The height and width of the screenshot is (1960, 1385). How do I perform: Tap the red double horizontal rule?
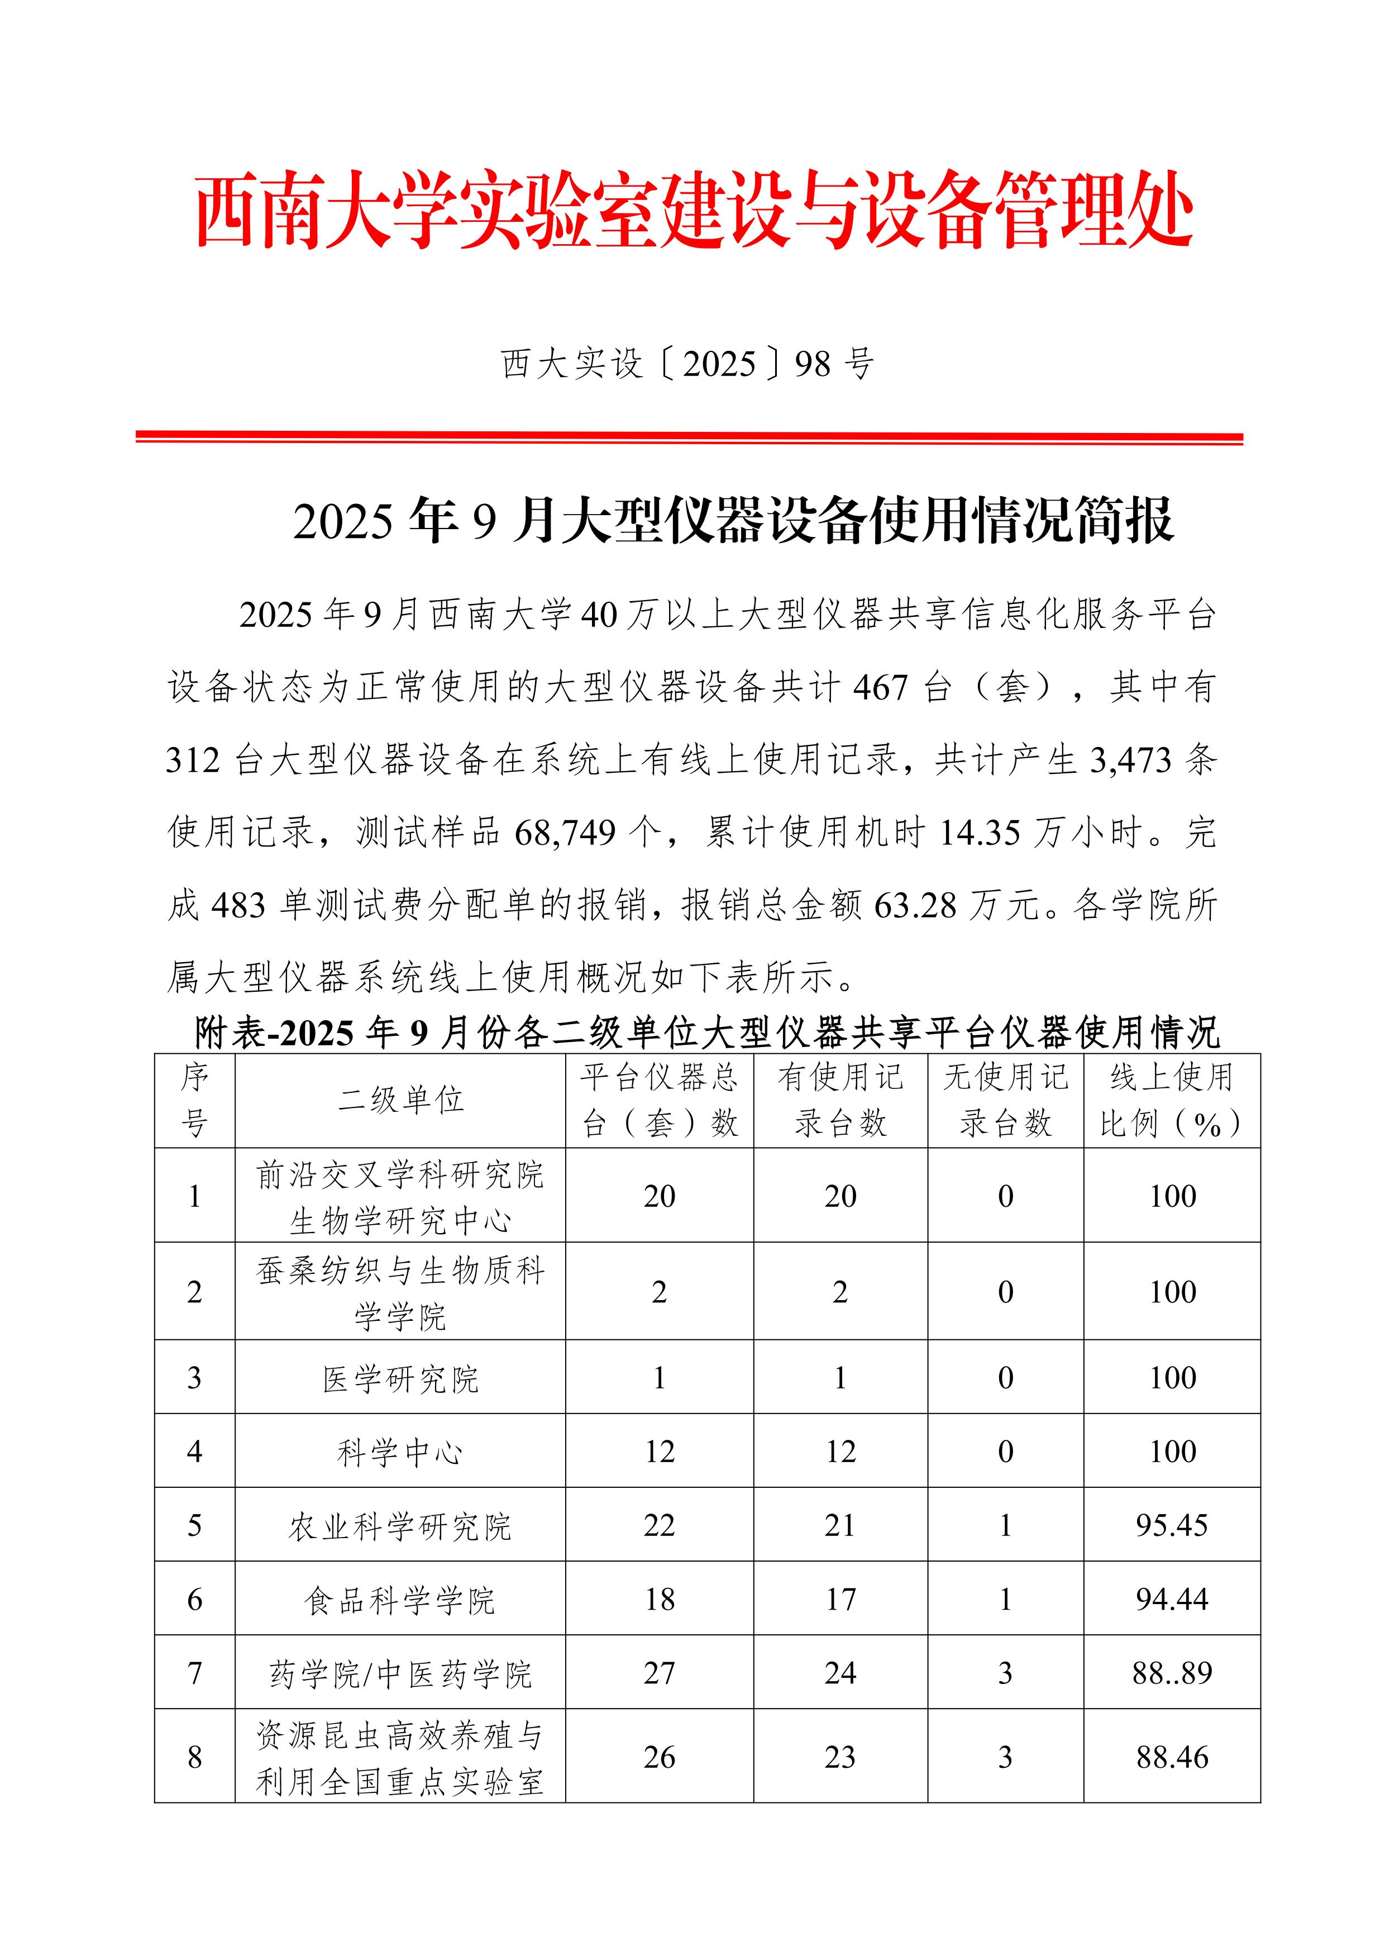690,438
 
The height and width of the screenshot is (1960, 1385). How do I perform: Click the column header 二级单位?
400,1100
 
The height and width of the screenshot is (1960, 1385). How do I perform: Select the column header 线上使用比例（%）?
1172,1100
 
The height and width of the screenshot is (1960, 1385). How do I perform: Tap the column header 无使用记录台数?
1005,1100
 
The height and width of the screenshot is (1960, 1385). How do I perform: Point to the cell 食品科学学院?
400,1600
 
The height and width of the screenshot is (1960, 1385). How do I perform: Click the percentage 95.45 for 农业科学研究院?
1172,1525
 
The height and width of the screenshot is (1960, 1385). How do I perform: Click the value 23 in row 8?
840,1757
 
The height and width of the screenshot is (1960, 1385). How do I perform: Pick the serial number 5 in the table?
194,1525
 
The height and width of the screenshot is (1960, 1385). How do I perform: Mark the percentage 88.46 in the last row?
1172,1757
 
